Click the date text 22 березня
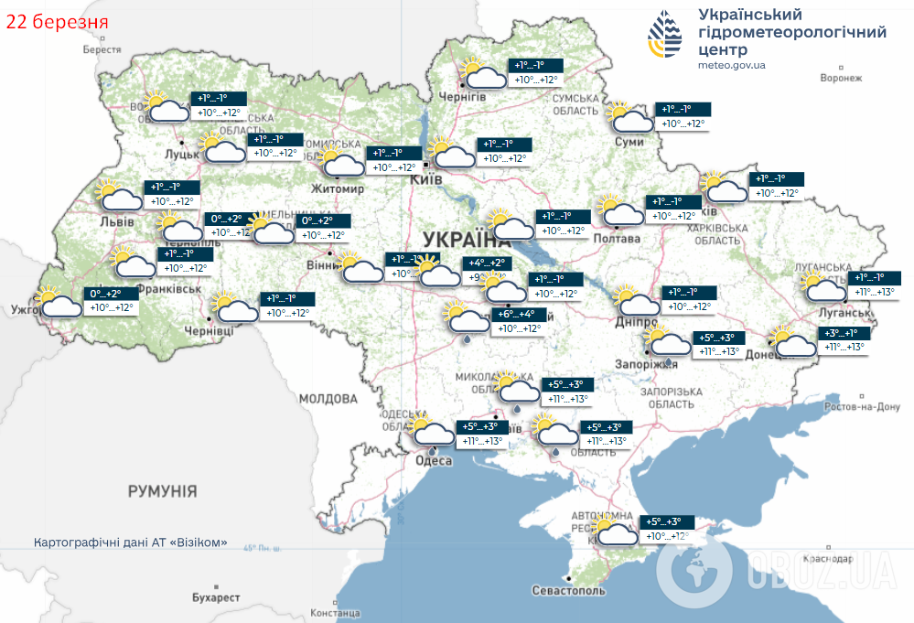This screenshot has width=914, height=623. pyautogui.click(x=58, y=21)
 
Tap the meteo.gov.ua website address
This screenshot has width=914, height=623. pyautogui.click(x=731, y=65)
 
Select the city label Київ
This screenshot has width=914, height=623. pyautogui.click(x=426, y=179)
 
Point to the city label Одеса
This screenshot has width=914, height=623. pyautogui.click(x=434, y=460)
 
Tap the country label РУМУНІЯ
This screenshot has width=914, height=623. pyautogui.click(x=162, y=491)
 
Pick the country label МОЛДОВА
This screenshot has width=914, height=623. pyautogui.click(x=328, y=399)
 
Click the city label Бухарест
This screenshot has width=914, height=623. pyautogui.click(x=216, y=597)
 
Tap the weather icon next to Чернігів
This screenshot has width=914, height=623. pyautogui.click(x=483, y=73)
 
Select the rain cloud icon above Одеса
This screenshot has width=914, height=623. pyautogui.click(x=432, y=434)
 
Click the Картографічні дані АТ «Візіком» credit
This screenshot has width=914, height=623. pyautogui.click(x=130, y=542)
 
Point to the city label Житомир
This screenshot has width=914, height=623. pyautogui.click(x=339, y=189)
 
